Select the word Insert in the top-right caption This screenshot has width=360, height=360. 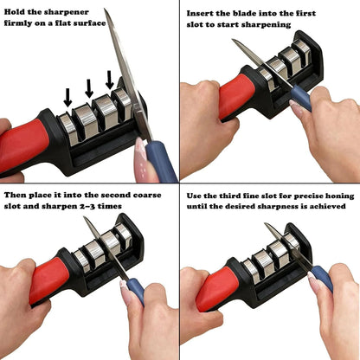tap(204, 13)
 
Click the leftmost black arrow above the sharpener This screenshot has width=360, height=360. tap(67, 96)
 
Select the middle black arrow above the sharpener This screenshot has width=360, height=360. tap(88, 87)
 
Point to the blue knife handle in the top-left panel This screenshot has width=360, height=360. tap(160, 160)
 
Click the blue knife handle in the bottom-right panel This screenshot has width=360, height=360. tap(320, 277)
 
